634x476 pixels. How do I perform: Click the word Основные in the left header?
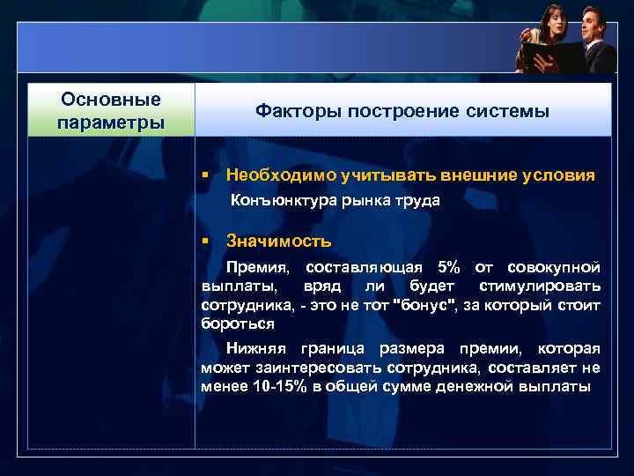pyautogui.click(x=110, y=100)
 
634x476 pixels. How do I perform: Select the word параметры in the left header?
pyautogui.click(x=110, y=121)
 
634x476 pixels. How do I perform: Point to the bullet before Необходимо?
pyautogui.click(x=203, y=175)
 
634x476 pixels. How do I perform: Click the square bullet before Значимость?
pyautogui.click(x=203, y=241)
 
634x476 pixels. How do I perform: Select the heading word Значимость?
pyautogui.click(x=278, y=241)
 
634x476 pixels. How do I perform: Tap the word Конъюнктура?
pyautogui.click(x=275, y=200)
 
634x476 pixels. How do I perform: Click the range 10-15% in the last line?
pyautogui.click(x=273, y=386)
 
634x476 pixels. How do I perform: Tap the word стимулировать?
pyautogui.click(x=541, y=286)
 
